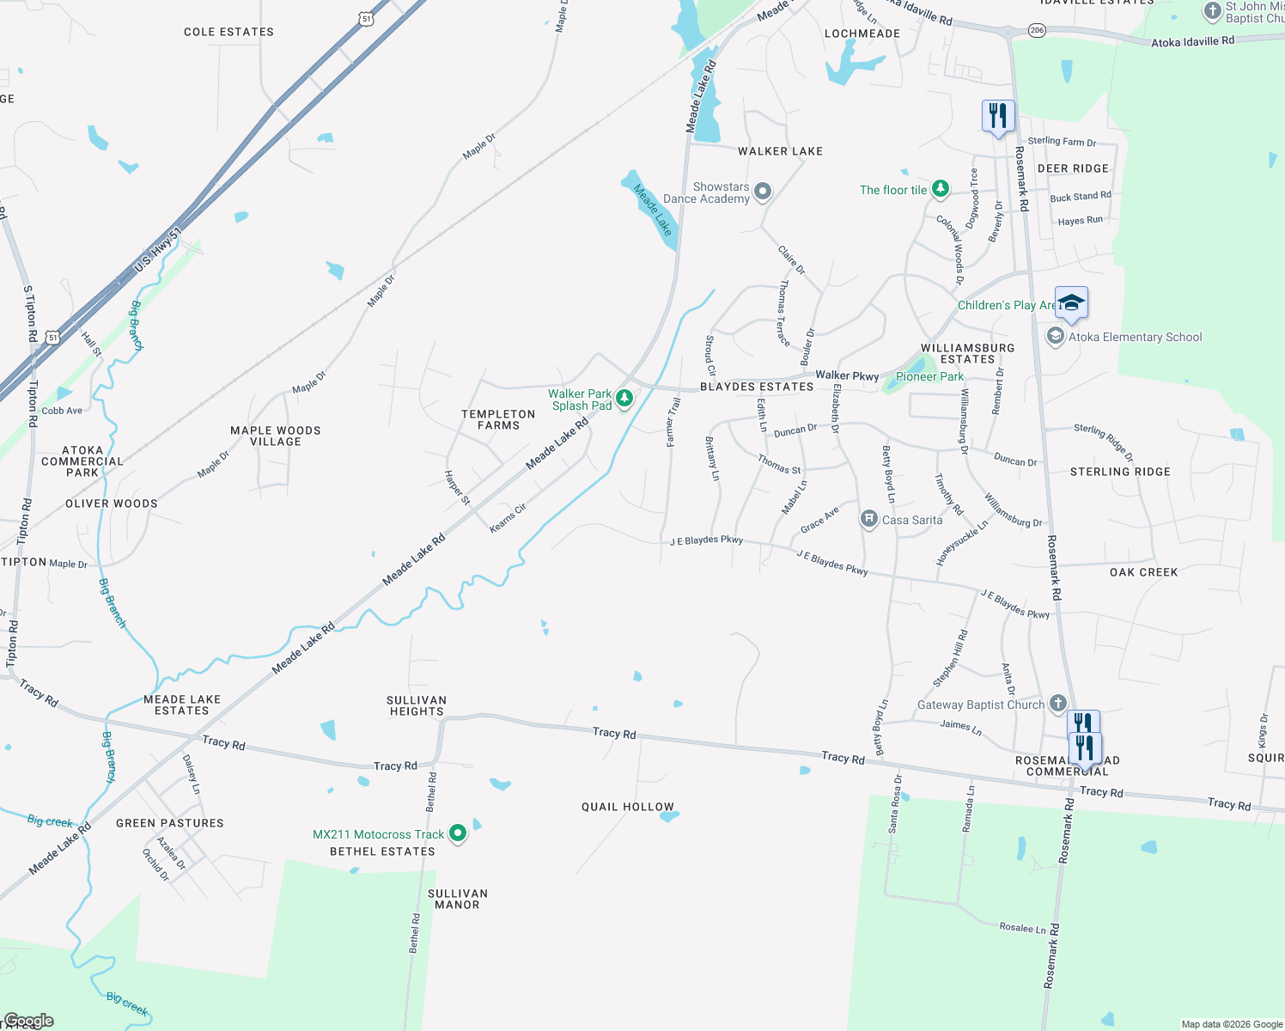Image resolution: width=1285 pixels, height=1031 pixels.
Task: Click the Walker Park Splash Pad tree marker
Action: [624, 398]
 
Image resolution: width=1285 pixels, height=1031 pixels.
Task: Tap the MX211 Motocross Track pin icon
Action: [458, 833]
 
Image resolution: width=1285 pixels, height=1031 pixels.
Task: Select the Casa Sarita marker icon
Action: [868, 518]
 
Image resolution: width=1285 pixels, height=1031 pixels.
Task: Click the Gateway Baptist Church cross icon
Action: [1057, 704]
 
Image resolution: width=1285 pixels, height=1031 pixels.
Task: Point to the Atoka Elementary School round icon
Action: [1055, 336]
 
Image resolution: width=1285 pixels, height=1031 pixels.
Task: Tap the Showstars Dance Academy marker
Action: [762, 192]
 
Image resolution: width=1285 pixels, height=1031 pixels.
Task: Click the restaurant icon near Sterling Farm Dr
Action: [997, 115]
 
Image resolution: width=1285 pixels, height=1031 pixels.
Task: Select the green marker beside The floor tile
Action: [941, 188]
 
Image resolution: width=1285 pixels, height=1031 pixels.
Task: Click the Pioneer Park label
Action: [929, 376]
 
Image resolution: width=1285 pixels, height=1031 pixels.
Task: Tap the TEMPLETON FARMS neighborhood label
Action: [498, 419]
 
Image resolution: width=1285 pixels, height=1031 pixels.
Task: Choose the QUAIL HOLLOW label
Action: [628, 807]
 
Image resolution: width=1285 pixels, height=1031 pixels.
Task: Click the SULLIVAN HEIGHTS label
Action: [417, 705]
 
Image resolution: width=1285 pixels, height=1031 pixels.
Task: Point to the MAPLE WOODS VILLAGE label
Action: [276, 436]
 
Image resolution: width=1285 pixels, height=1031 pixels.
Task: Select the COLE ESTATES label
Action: [228, 32]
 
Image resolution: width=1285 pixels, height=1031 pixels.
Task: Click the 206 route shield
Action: [1037, 30]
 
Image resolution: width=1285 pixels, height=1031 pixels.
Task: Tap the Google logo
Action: [28, 1021]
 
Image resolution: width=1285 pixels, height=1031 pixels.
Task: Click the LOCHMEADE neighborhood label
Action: [862, 34]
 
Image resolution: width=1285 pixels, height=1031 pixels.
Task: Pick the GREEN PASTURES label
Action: [170, 823]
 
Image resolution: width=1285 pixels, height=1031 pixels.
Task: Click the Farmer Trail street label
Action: [673, 422]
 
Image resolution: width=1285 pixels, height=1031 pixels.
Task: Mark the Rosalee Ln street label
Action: [1022, 928]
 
